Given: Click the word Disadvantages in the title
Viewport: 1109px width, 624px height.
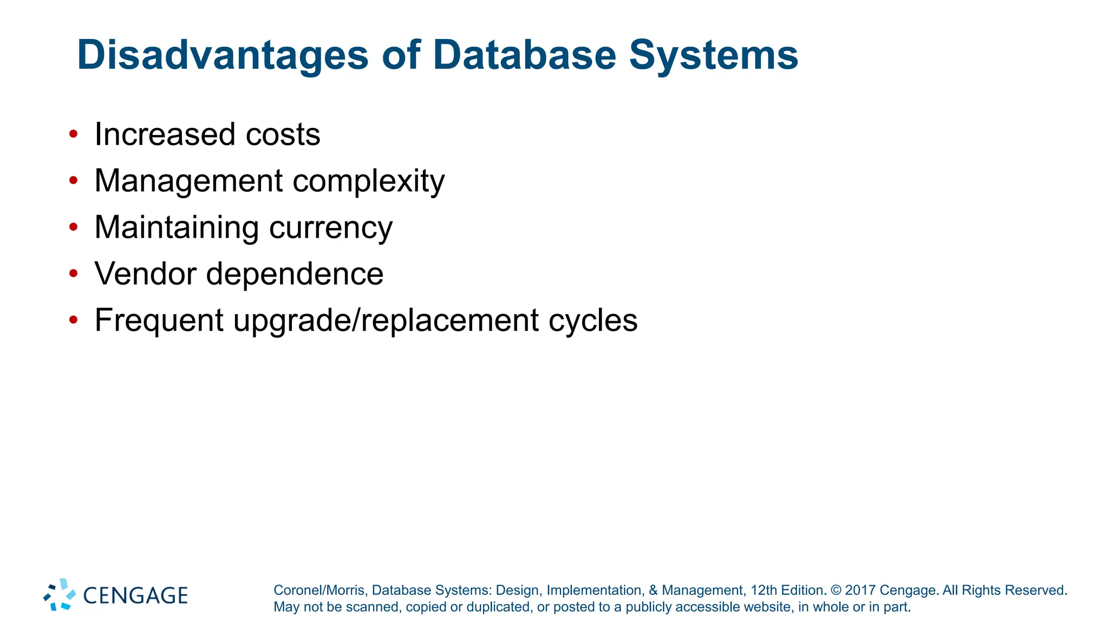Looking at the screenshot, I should point(223,55).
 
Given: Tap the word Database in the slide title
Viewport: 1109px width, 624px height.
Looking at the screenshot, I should point(524,55).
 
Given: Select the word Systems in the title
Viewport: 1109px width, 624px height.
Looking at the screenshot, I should point(713,55).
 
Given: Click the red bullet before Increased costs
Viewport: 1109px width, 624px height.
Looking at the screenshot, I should point(74,134).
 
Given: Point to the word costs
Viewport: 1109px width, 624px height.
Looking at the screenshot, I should point(283,134).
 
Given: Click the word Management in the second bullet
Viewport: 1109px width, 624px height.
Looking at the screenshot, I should point(188,181).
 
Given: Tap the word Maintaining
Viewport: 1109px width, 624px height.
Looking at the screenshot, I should point(177,227).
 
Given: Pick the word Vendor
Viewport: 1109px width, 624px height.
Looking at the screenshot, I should point(145,274).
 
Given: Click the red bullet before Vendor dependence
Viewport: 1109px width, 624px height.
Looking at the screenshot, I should point(74,274).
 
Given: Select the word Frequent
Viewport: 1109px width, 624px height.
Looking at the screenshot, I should point(159,321).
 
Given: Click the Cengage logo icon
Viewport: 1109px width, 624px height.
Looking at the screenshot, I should point(60,595).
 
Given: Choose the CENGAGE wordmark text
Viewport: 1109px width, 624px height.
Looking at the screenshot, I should point(135,596).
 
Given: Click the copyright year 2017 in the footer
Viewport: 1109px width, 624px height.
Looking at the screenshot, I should point(860,590).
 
